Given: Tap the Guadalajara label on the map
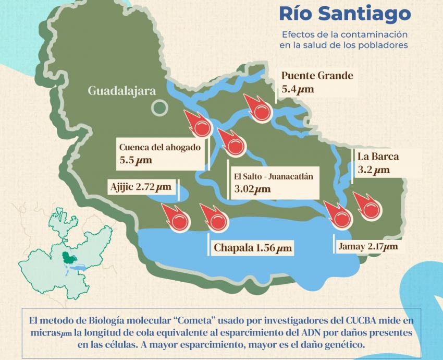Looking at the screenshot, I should pos(121,91).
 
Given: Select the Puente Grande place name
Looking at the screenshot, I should pos(317,76).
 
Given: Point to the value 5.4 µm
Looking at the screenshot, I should pos(298,89).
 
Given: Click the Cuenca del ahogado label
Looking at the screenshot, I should pos(159,147).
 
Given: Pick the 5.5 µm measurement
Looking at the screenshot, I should pos(136,160).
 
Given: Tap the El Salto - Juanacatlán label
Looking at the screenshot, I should pos(274,176).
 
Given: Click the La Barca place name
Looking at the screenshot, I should pos(378,157).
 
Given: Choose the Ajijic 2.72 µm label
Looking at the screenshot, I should pos(140,186).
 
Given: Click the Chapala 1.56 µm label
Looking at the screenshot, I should pos(253,248).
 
